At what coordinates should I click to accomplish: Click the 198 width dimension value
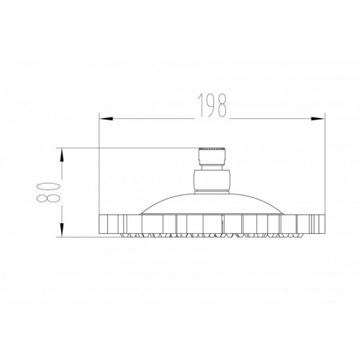[x=212, y=105]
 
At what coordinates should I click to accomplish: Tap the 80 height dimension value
[x=48, y=192]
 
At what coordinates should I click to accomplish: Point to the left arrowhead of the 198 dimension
[x=106, y=119]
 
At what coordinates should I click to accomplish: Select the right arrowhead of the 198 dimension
[x=318, y=119]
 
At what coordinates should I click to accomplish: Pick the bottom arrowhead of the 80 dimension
[x=62, y=230]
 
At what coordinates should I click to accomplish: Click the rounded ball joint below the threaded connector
[x=212, y=180]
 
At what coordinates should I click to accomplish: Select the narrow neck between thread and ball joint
[x=212, y=167]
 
